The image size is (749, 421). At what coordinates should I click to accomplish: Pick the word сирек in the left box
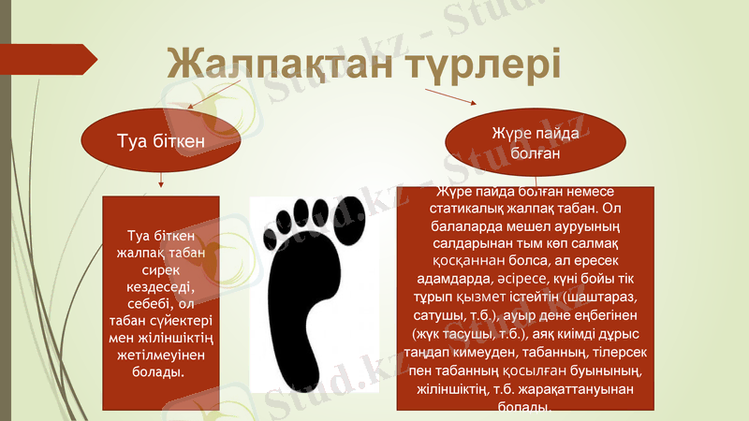point(161,271)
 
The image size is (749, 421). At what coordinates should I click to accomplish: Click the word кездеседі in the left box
point(161,288)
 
